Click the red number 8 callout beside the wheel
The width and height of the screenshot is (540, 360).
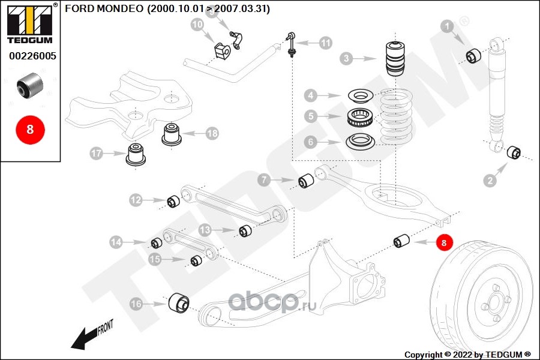[x=444, y=242]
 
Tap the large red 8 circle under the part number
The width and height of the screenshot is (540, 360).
[x=30, y=128]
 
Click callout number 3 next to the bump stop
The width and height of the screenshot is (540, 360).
[x=346, y=59]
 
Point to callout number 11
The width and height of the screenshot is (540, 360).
[x=325, y=43]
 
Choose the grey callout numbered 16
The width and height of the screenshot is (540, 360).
[x=137, y=304]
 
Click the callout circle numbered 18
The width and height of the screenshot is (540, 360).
[x=212, y=134]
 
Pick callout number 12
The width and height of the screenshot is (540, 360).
[x=136, y=200]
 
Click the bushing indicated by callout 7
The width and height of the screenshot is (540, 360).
[x=307, y=179]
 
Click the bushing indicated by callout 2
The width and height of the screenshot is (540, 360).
[x=514, y=152]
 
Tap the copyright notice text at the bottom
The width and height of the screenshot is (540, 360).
[x=467, y=354]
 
